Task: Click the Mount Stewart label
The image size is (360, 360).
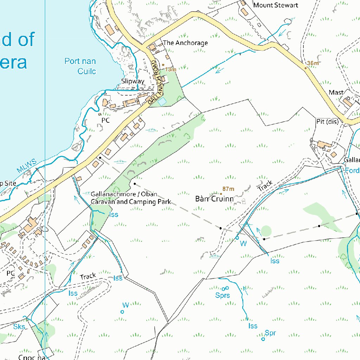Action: (276, 5)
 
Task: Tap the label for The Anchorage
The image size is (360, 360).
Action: (185, 43)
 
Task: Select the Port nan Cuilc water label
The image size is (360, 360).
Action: (81, 66)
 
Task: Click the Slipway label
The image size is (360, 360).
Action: (133, 81)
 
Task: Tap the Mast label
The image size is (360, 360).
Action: (336, 92)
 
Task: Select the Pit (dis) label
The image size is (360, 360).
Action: (327, 122)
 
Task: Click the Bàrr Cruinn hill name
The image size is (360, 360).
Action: (214, 199)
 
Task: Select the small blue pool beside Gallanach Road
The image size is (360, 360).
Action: (162, 102)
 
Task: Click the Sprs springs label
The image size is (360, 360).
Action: (223, 295)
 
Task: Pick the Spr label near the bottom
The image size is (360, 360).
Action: (270, 333)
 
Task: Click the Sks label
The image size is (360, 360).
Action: (19, 327)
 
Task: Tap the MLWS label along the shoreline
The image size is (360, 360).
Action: (26, 166)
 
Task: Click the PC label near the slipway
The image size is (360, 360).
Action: (105, 120)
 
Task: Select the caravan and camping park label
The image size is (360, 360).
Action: (130, 198)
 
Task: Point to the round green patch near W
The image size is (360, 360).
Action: (266, 231)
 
